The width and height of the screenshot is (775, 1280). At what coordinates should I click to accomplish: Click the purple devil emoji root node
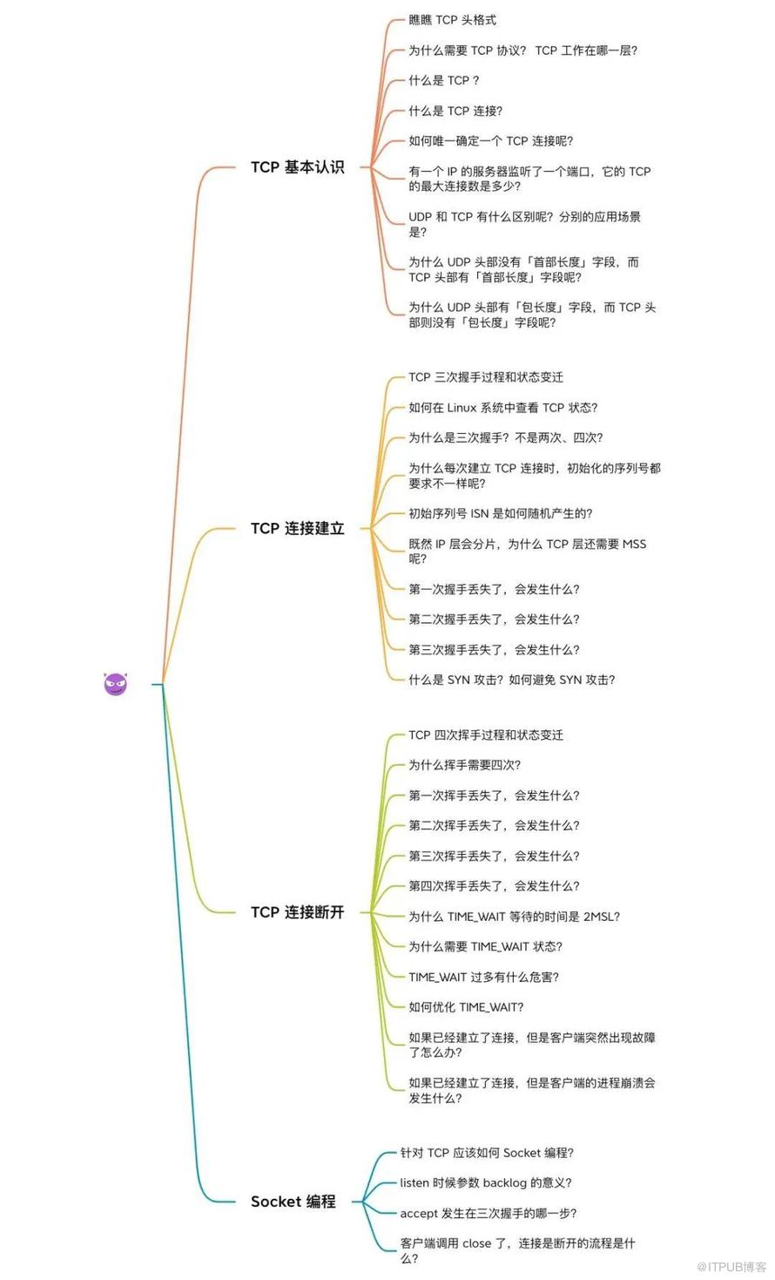click(115, 684)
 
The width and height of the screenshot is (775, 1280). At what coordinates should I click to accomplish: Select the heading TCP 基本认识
click(298, 166)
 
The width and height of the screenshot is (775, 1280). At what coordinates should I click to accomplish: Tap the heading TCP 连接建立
click(298, 529)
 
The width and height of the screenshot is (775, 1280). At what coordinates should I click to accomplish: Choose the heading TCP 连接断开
click(298, 912)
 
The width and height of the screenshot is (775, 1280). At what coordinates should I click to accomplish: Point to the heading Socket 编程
click(293, 1201)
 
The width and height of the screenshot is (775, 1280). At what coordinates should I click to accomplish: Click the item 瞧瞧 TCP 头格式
click(452, 20)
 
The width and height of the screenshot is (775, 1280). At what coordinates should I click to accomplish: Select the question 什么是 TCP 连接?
click(455, 111)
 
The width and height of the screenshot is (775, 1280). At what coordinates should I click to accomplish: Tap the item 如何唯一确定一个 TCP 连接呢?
click(490, 141)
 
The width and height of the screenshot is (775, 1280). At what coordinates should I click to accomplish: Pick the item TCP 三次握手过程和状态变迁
click(485, 377)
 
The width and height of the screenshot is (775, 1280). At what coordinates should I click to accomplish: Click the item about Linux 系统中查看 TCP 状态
click(503, 408)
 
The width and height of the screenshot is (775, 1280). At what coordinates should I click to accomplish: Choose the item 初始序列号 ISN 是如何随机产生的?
click(501, 513)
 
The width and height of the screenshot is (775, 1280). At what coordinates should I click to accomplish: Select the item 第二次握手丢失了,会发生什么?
click(494, 619)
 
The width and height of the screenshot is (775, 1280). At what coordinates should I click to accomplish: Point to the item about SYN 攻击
click(512, 680)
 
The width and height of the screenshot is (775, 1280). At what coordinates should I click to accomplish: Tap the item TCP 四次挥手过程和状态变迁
click(485, 735)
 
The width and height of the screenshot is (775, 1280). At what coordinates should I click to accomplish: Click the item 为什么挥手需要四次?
click(464, 765)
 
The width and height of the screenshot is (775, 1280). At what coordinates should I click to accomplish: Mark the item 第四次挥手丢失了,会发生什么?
click(494, 885)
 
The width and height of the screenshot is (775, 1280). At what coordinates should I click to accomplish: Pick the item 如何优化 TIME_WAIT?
click(466, 1007)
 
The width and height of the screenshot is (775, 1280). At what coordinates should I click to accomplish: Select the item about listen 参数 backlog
click(485, 1182)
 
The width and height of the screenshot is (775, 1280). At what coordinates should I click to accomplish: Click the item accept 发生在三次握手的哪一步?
click(489, 1213)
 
